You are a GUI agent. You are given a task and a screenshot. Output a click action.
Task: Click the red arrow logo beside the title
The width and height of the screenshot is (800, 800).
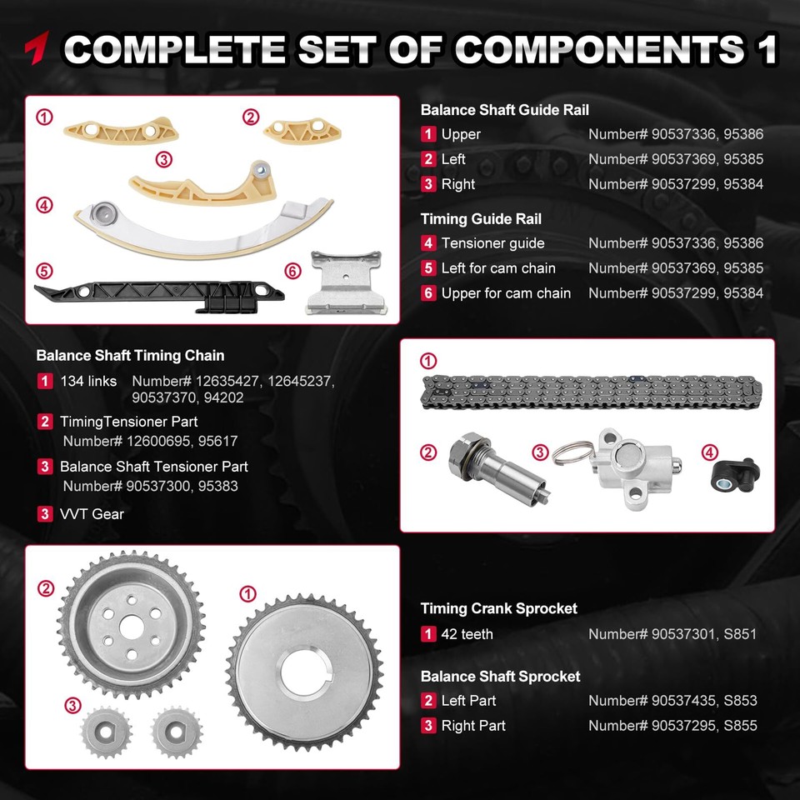[38, 48]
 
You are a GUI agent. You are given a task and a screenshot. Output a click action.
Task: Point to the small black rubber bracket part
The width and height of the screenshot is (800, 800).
[732, 472]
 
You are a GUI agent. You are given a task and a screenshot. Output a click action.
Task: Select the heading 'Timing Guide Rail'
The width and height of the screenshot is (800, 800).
[481, 219]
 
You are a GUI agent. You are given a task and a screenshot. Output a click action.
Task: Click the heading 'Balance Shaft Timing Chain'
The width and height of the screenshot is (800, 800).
[130, 356]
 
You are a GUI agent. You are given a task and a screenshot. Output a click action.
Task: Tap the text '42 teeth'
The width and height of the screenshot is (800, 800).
[467, 634]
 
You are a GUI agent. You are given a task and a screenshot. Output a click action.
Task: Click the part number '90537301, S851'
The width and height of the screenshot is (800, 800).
[672, 634]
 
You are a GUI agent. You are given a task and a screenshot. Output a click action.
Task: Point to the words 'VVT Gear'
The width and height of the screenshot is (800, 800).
[92, 514]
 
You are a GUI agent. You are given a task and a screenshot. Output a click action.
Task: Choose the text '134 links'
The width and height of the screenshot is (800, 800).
[88, 381]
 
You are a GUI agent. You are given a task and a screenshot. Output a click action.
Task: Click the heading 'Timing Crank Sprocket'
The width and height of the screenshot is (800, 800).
[498, 608]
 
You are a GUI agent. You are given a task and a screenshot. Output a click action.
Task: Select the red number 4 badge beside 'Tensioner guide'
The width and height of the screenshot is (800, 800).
[428, 243]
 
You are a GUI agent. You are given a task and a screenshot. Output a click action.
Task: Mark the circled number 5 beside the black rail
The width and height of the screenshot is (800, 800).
[44, 271]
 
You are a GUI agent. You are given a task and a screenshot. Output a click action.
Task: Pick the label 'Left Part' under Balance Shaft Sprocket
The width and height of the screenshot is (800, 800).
[468, 701]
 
